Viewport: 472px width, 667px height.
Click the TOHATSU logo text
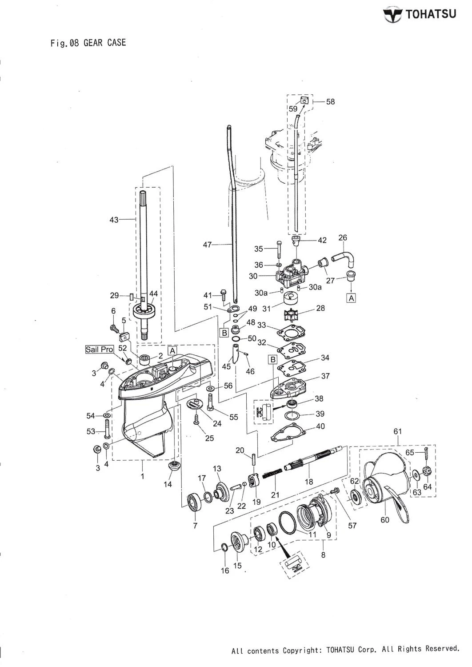[x=430, y=15]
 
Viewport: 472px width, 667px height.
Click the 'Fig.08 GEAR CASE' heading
[x=88, y=43]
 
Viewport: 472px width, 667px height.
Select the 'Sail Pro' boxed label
[x=100, y=349]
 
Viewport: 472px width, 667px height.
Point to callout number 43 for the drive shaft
[x=114, y=219]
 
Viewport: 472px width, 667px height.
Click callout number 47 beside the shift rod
[x=208, y=244]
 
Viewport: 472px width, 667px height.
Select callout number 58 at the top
[x=330, y=102]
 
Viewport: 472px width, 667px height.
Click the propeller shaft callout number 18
[x=308, y=481]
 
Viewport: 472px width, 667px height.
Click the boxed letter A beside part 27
[x=351, y=298]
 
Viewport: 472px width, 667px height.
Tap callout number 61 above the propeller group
[x=398, y=431]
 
